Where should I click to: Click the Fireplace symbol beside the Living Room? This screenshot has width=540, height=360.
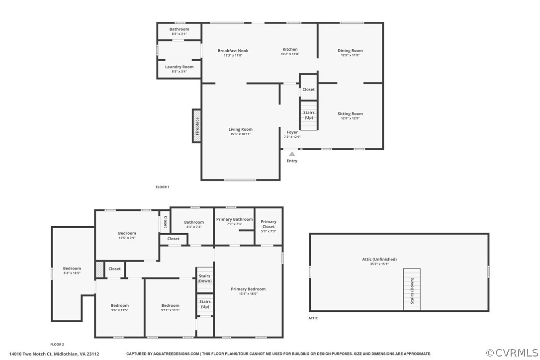click(x=197, y=126)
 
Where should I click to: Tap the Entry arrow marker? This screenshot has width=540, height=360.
click(x=292, y=155)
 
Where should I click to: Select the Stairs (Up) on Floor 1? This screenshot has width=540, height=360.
click(x=309, y=115)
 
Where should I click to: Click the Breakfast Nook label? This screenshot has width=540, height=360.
click(x=233, y=51)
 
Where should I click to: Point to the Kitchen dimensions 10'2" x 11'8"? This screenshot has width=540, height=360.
click(x=290, y=54)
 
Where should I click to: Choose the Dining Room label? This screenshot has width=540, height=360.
click(x=350, y=51)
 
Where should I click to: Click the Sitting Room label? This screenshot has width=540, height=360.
click(x=350, y=114)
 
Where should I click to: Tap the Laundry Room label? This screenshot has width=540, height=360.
click(x=179, y=67)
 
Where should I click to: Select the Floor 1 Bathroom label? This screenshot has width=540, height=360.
click(x=179, y=29)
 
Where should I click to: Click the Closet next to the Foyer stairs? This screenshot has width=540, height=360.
click(x=308, y=90)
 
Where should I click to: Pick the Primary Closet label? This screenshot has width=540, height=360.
click(x=269, y=224)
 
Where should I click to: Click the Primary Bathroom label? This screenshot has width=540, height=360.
click(x=234, y=219)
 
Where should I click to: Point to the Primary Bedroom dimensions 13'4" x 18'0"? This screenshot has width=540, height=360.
click(x=248, y=293)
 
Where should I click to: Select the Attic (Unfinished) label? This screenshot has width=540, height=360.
click(x=379, y=259)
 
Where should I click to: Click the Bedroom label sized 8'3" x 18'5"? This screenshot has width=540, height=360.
click(x=72, y=269)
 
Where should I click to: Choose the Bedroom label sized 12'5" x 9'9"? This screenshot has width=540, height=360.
click(x=127, y=233)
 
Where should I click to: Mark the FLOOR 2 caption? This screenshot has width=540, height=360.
click(x=57, y=344)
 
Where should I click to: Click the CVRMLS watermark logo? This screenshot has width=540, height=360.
click(x=512, y=353)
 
